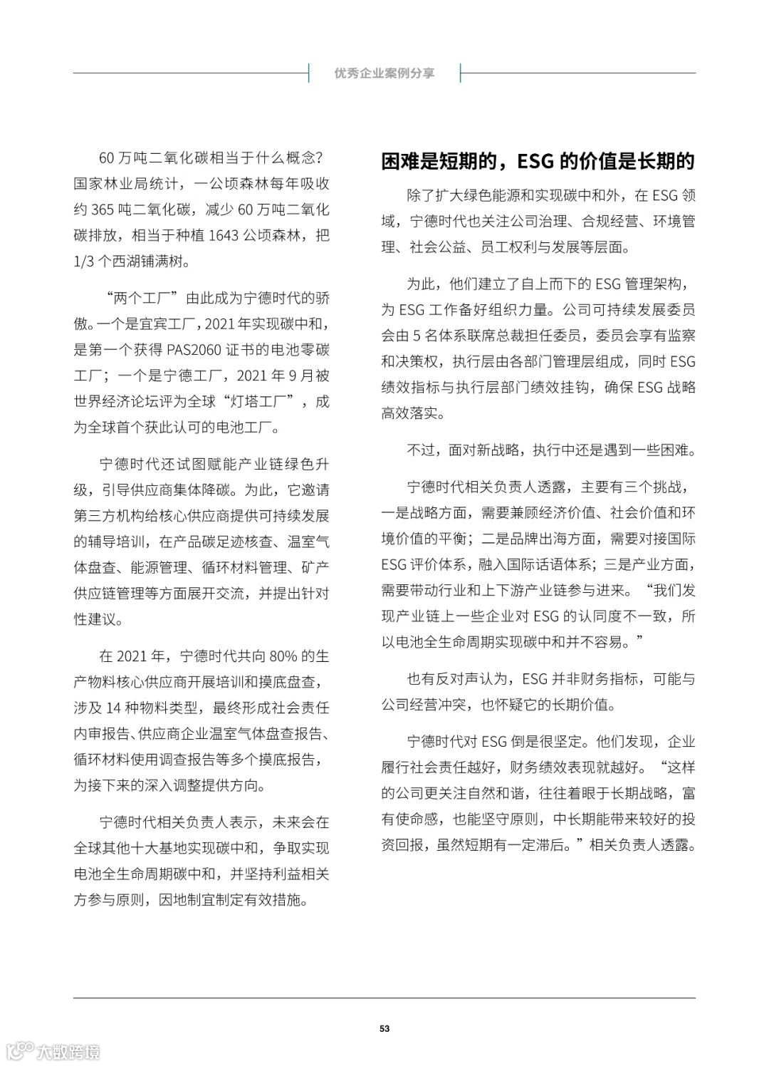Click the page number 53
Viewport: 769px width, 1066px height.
pos(384,1028)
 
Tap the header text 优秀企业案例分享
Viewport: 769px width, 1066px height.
pos(384,73)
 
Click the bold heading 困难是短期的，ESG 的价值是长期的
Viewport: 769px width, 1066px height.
pos(538,162)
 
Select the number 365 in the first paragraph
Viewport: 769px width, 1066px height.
pos(105,209)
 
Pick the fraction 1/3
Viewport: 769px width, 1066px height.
pos(86,261)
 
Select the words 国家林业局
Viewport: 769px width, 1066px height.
pos(106,184)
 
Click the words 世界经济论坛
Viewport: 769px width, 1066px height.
pos(113,401)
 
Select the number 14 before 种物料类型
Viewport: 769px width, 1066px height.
pos(113,708)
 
